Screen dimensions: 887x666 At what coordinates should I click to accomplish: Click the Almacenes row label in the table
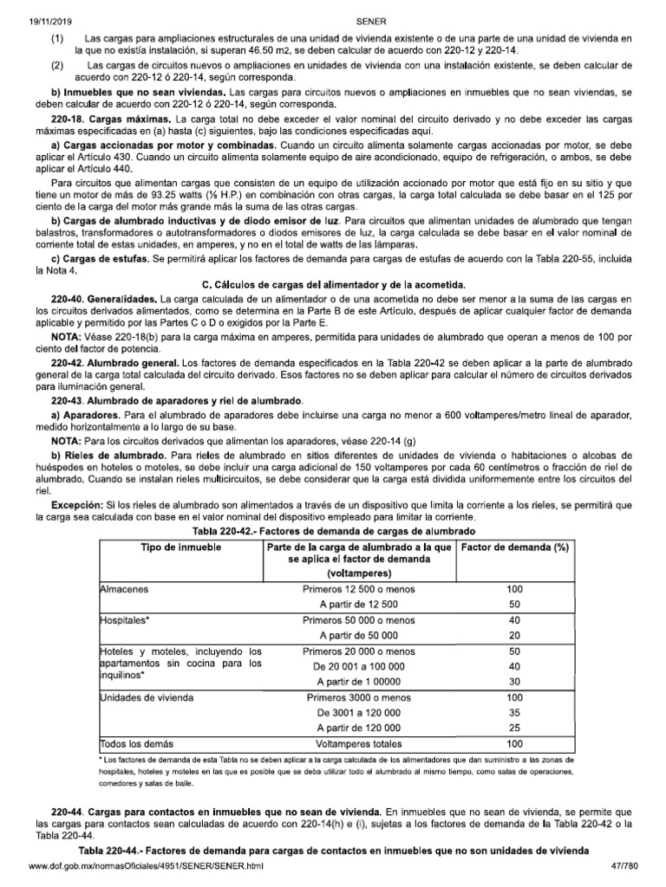[125, 589]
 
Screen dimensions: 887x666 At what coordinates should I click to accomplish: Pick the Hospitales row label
[126, 621]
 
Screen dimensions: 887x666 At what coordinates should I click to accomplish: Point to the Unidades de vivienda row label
[147, 696]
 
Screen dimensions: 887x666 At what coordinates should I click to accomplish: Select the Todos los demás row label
[137, 743]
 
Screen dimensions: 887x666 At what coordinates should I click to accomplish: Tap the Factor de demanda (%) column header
[515, 547]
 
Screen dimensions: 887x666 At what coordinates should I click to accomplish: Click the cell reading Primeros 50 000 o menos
[358, 621]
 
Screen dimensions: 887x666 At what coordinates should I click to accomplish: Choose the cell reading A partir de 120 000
[358, 728]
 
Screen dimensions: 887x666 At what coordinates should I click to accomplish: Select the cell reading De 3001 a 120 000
[358, 712]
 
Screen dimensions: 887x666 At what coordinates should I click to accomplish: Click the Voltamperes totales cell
[358, 743]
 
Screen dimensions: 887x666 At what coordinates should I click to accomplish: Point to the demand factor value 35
[515, 712]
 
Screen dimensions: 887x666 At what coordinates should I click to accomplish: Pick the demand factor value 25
[515, 728]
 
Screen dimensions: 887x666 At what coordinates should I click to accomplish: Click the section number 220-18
[68, 117]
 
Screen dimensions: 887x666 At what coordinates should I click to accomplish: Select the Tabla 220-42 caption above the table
[333, 530]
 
